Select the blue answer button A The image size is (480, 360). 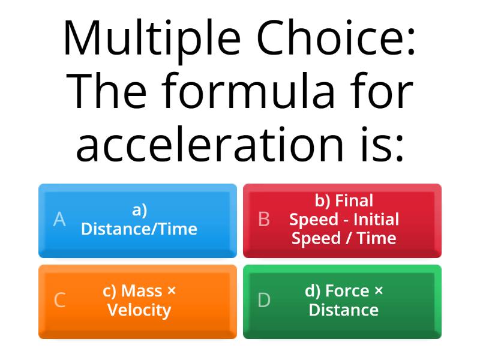pyautogui.click(x=137, y=220)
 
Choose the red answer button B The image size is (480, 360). pyautogui.click(x=342, y=220)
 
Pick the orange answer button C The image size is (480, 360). pyautogui.click(x=137, y=301)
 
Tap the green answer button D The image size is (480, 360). pyautogui.click(x=342, y=301)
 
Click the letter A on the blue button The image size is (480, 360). pyautogui.click(x=59, y=220)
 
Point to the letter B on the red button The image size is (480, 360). pyautogui.click(x=263, y=220)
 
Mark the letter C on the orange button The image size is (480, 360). pyautogui.click(x=59, y=301)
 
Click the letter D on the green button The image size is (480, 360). pyautogui.click(x=264, y=301)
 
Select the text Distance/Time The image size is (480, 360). pyautogui.click(x=139, y=229)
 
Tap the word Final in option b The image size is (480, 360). pyautogui.click(x=354, y=200)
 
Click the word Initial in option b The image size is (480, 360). pyautogui.click(x=376, y=220)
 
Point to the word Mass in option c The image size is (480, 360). pyautogui.click(x=142, y=292)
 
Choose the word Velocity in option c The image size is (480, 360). pyautogui.click(x=139, y=311)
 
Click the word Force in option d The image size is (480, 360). pyautogui.click(x=347, y=292)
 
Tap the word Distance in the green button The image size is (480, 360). pyautogui.click(x=344, y=311)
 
